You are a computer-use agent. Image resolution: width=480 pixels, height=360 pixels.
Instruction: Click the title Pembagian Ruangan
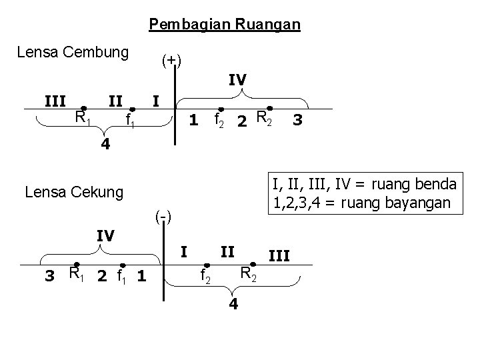coord(225,25)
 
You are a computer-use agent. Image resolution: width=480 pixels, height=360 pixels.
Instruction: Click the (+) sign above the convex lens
coord(172,61)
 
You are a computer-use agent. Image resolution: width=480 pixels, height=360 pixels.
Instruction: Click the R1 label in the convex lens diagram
coord(83,119)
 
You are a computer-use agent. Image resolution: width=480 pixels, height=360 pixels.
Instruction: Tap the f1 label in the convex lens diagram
coord(133,121)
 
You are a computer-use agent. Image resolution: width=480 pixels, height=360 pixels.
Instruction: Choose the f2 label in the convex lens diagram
coord(218,120)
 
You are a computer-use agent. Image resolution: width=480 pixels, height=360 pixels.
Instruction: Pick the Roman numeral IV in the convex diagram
coord(237,80)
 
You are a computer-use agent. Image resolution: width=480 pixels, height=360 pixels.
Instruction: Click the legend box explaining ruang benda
coord(364,193)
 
